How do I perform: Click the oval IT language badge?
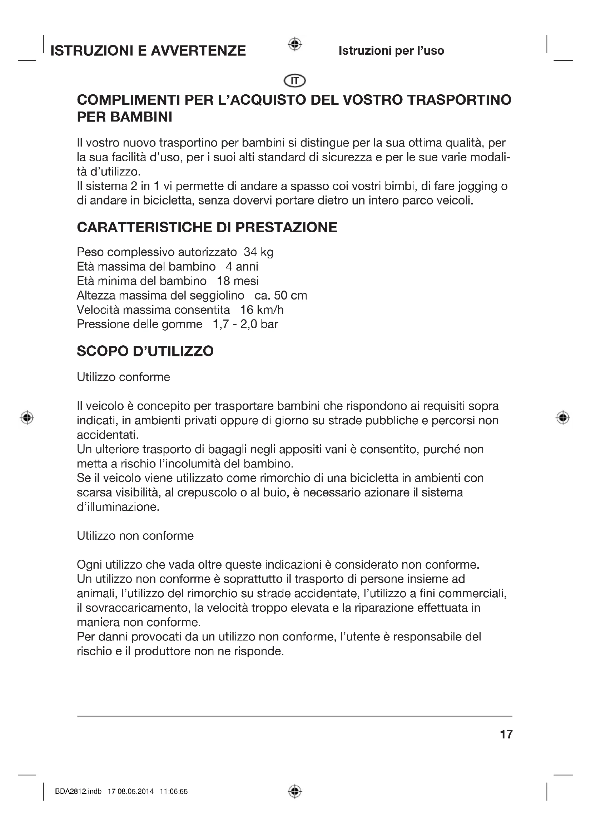(x=295, y=80)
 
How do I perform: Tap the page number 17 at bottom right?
(x=506, y=734)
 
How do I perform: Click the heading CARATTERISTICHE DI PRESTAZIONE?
(x=207, y=227)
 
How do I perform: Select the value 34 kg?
(x=258, y=252)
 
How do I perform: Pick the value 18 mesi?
(x=238, y=281)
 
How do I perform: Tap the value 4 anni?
(x=242, y=267)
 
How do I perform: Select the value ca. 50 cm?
(x=280, y=295)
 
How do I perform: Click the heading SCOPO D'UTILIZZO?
(x=145, y=351)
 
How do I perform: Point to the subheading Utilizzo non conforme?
(x=135, y=536)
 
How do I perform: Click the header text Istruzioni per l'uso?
(x=391, y=51)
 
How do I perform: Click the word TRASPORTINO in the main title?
(x=459, y=100)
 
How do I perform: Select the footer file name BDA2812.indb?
(x=78, y=791)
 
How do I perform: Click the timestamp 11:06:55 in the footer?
(x=174, y=791)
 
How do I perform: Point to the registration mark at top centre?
(x=295, y=44)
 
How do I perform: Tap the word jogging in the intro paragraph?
(x=478, y=187)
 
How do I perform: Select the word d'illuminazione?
(x=118, y=507)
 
